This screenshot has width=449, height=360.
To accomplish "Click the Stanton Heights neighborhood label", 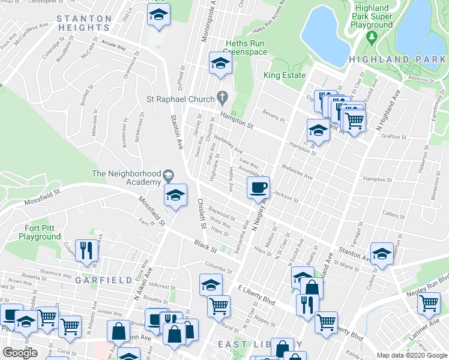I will point(84,23).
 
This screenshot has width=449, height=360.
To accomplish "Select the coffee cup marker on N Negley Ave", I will point(258,188).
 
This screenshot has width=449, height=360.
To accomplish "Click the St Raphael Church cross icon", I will point(222,97).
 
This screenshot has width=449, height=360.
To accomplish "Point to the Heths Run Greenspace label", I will point(246,48).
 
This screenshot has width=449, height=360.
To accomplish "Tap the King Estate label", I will point(285,76).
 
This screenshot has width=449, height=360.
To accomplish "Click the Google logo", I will point(20,352).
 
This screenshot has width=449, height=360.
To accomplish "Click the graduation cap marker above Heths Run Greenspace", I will point(220,63).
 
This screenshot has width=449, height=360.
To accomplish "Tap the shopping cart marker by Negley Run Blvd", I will point(429,304).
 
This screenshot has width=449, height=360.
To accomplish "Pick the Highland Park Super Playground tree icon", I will point(372,37).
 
